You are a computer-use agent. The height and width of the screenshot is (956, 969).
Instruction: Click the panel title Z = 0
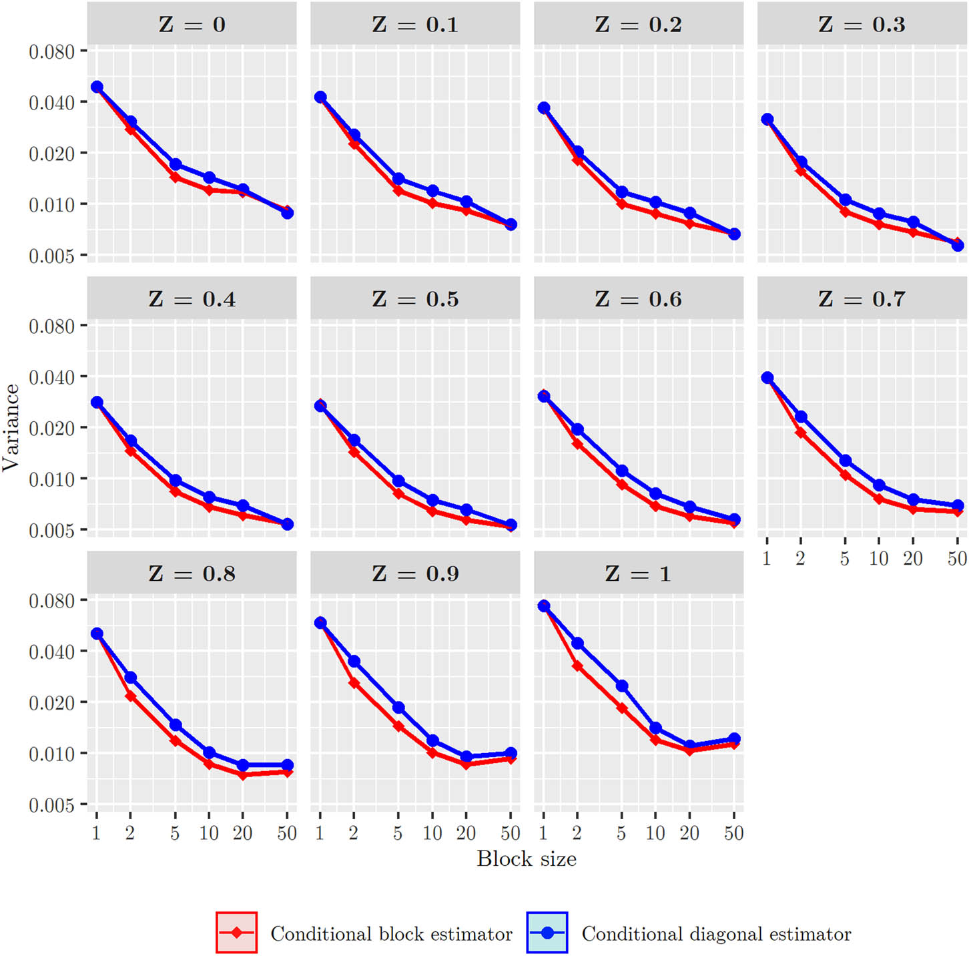coord(192,25)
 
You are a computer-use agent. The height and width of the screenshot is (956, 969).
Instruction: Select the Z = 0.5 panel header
coord(415,299)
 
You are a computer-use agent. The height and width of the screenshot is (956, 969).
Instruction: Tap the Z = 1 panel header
coord(638,573)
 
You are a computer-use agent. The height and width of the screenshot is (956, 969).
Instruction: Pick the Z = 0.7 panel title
coord(862,299)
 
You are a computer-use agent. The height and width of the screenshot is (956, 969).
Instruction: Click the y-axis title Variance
coord(11,427)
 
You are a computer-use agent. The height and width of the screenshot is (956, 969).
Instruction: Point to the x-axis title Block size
coord(526,859)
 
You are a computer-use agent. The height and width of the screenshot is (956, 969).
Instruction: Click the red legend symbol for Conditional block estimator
coord(237,933)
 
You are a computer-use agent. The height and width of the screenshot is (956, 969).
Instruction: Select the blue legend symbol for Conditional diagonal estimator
coord(547,933)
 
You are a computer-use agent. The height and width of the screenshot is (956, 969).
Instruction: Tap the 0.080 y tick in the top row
coord(51,51)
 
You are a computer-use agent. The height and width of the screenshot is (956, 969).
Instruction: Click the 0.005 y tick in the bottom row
coord(51,805)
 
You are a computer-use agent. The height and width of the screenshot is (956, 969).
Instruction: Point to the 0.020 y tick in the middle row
coord(51,428)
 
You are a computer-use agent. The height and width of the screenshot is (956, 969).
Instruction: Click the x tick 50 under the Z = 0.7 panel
coord(957,558)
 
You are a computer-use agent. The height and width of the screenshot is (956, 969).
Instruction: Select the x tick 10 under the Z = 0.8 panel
coord(209,832)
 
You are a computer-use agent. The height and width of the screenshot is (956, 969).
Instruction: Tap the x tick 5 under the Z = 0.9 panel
coord(398,832)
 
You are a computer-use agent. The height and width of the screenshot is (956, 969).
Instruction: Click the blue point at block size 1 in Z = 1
coord(544,606)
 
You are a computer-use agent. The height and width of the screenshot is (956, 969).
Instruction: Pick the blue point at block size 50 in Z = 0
coord(287,213)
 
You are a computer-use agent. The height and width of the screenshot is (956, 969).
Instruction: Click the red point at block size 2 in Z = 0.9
coord(354,683)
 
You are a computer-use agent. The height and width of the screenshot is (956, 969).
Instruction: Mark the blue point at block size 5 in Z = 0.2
coord(621,192)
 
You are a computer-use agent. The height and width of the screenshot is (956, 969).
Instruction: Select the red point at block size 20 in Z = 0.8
coord(243,774)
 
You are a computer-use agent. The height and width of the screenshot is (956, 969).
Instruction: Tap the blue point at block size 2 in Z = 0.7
coord(801,417)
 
